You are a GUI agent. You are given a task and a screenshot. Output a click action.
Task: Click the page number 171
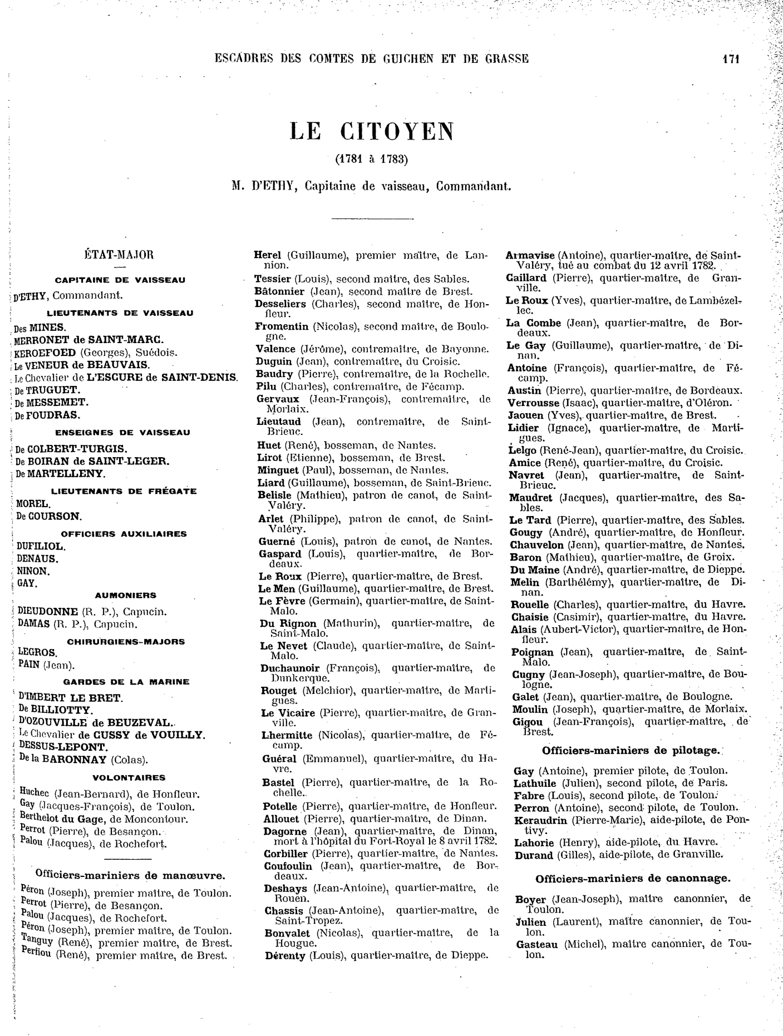pyautogui.click(x=730, y=59)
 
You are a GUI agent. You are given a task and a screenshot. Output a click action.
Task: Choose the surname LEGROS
pyautogui.click(x=37, y=652)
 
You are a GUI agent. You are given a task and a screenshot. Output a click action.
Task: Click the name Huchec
pyautogui.click(x=35, y=794)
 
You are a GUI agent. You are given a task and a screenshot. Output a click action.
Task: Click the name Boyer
pyautogui.click(x=531, y=899)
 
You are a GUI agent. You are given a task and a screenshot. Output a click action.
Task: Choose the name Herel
pyautogui.click(x=268, y=256)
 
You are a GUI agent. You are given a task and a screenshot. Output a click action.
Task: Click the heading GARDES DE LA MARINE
pyautogui.click(x=126, y=682)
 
